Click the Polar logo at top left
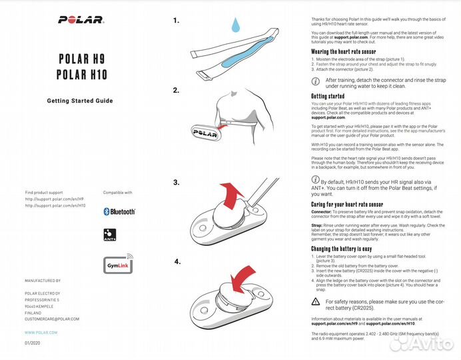(81, 19)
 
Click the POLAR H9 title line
(82, 58)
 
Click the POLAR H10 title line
(82, 74)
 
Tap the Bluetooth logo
(119, 211)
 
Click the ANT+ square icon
(110, 235)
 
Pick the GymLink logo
(118, 265)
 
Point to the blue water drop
(234, 25)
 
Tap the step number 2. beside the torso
(176, 90)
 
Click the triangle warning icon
(316, 302)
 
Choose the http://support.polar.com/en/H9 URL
(55, 199)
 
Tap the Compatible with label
(117, 192)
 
